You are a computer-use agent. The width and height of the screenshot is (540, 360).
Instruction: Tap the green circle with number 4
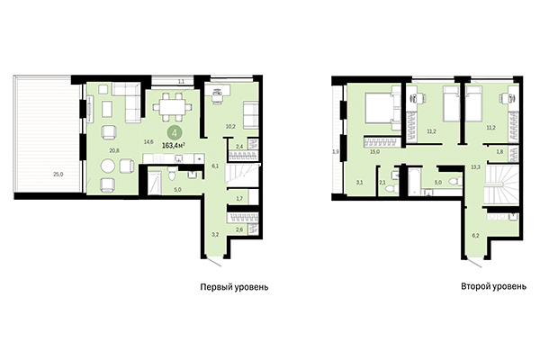click(172, 130)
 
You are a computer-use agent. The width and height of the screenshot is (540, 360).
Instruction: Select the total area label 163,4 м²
click(175, 143)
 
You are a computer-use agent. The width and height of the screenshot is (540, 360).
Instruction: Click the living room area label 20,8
click(90, 150)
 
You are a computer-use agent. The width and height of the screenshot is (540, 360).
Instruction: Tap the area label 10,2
click(229, 126)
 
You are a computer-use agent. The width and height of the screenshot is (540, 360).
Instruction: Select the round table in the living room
click(108, 166)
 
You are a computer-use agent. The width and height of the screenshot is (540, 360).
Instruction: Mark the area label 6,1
click(213, 166)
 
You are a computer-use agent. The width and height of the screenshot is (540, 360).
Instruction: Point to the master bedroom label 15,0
click(373, 152)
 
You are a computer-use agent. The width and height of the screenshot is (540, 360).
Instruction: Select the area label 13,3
click(475, 166)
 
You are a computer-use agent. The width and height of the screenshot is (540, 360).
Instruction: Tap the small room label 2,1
click(382, 183)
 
